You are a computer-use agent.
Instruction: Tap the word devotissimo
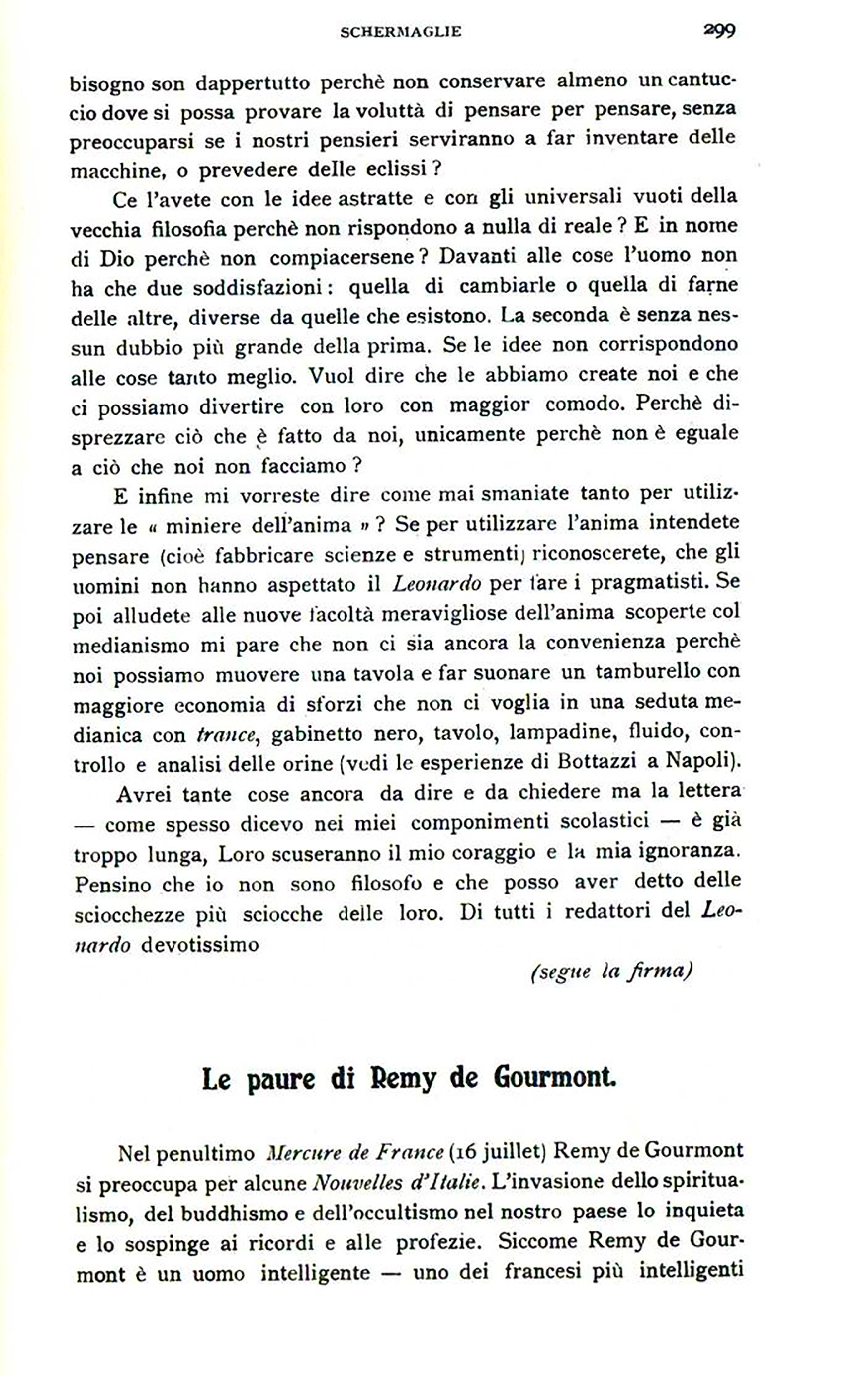(x=199, y=945)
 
